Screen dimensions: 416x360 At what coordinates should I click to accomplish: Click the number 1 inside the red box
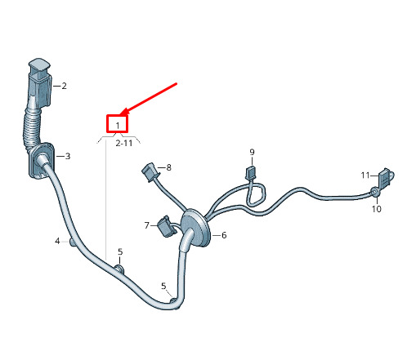click(x=118, y=126)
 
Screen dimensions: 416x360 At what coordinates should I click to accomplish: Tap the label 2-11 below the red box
click(x=124, y=143)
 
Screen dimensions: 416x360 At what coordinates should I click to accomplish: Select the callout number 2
click(x=64, y=86)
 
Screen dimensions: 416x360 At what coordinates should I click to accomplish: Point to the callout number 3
click(x=68, y=156)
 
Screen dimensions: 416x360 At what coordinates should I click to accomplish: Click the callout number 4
click(x=57, y=241)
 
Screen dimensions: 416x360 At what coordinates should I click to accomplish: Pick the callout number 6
click(x=224, y=235)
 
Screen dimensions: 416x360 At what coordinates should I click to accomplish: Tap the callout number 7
click(x=147, y=225)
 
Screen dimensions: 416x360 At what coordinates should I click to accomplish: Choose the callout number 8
click(x=168, y=167)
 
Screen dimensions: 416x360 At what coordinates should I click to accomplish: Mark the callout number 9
click(x=252, y=152)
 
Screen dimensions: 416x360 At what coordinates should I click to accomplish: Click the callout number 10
click(x=377, y=209)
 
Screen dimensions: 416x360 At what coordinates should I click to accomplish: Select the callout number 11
click(x=365, y=176)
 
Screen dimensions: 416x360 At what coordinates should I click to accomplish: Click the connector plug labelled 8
click(x=150, y=172)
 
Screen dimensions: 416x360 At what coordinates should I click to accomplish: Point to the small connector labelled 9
click(x=251, y=173)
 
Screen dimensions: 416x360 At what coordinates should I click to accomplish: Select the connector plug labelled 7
click(x=166, y=226)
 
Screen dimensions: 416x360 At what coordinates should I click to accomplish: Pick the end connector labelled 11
click(x=386, y=178)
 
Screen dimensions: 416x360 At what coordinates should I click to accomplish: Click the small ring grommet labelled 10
click(x=374, y=192)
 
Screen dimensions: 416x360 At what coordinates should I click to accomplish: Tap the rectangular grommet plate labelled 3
click(x=42, y=161)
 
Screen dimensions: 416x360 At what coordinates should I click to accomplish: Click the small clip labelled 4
click(x=73, y=242)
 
